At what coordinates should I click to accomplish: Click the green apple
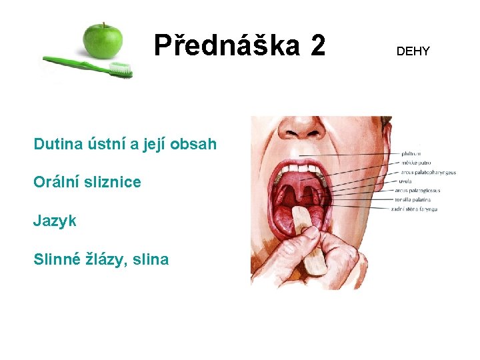click(x=102, y=40)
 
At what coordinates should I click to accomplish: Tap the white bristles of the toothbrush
click(x=121, y=68)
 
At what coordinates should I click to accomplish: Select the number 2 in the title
click(x=317, y=45)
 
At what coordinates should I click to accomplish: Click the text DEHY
click(x=413, y=51)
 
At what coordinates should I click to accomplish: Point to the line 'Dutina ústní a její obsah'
click(x=125, y=143)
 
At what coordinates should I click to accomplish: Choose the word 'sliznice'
click(x=113, y=182)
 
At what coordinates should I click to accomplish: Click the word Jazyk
click(x=55, y=221)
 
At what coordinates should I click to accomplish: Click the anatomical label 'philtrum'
click(x=412, y=154)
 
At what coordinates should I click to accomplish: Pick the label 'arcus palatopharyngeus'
click(x=428, y=172)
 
